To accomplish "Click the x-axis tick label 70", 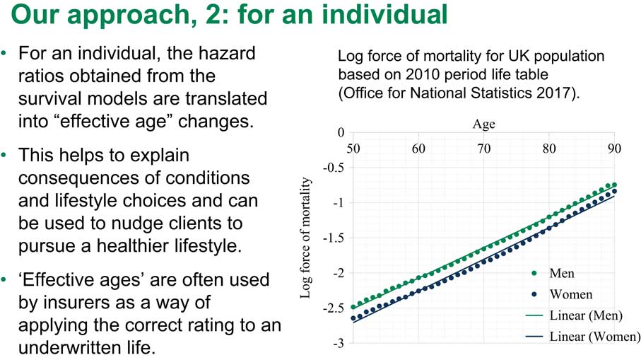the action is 483,149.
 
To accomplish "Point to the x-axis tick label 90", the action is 614,149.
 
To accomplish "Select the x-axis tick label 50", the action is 353,149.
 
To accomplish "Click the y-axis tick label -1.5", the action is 334,238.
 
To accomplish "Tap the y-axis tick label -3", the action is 339,343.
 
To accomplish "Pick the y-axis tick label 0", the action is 341,132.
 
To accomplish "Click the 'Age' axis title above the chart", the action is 483,124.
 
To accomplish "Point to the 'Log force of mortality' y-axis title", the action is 305,238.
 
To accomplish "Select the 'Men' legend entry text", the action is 562,273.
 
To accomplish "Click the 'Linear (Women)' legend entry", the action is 594,336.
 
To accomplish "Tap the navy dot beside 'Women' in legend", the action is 534,294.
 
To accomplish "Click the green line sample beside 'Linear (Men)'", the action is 534,315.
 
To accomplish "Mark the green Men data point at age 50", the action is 353,307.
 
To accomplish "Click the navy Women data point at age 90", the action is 614,191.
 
